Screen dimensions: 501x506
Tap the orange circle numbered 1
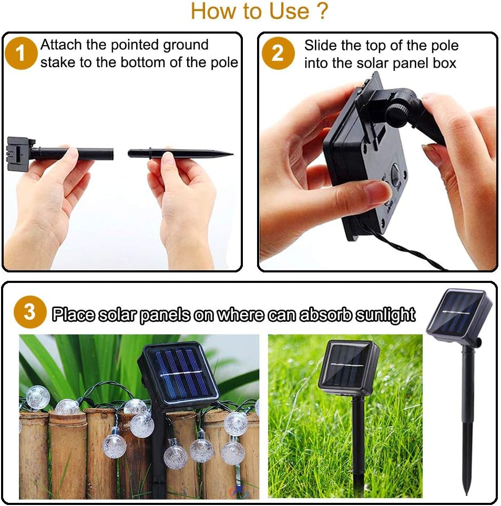click(21, 53)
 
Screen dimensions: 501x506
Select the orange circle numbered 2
click(278, 53)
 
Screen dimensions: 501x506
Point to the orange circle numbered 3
click(30, 312)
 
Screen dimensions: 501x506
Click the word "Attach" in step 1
click(61, 45)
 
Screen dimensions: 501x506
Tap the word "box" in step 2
click(444, 63)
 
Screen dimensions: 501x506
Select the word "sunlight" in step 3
click(385, 315)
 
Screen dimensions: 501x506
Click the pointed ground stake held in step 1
click(180, 153)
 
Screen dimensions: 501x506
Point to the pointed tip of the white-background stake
click(466, 494)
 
